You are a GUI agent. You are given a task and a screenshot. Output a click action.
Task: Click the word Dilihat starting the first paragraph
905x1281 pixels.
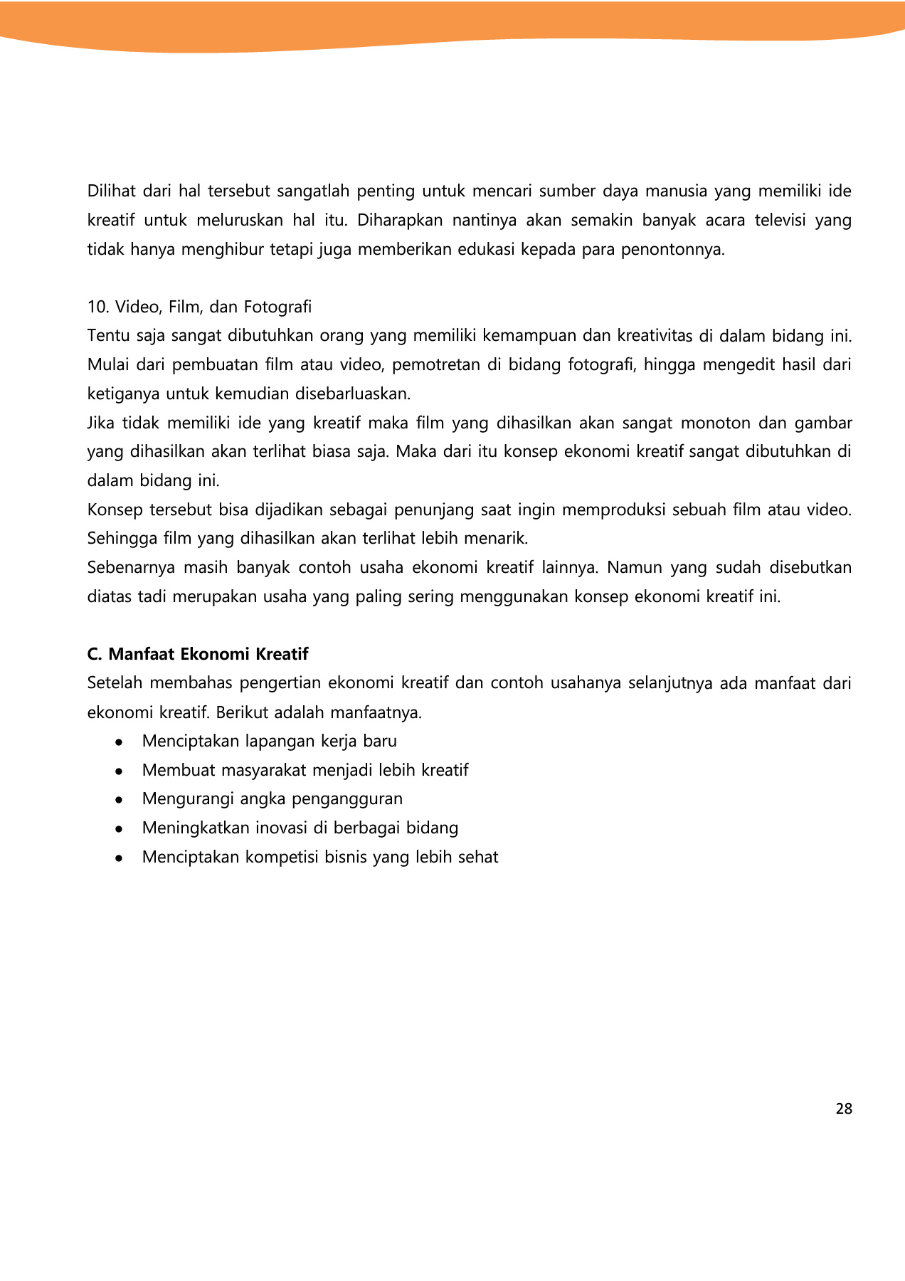tap(111, 191)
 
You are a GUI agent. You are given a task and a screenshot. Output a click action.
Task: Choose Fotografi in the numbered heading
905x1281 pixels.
tap(277, 307)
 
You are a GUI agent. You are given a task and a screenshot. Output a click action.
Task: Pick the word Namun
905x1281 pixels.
tap(633, 567)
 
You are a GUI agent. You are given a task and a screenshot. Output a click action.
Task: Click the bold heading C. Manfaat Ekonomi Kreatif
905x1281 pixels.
tap(198, 654)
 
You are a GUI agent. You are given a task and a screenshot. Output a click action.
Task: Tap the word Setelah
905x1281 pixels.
tap(114, 683)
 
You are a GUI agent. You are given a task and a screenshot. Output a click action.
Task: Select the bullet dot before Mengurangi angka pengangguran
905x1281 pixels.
tap(119, 799)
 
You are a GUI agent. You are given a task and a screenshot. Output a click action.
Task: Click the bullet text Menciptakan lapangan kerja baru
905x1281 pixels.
tap(269, 741)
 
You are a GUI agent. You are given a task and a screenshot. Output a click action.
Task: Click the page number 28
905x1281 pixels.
tap(844, 1109)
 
